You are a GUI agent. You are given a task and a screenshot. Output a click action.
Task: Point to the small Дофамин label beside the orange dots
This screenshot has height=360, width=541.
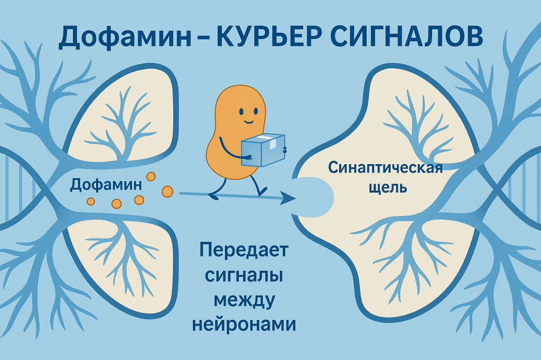[106, 184]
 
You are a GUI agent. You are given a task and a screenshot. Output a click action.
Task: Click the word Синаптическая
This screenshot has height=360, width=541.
[385, 168]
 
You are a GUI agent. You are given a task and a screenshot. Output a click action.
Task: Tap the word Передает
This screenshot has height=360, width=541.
[244, 250]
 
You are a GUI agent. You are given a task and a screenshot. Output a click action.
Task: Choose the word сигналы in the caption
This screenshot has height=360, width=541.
[244, 275]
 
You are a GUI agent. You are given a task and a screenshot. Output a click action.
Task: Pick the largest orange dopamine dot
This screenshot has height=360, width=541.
[167, 191]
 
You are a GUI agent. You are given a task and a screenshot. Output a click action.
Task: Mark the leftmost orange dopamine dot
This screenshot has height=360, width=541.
[90, 201]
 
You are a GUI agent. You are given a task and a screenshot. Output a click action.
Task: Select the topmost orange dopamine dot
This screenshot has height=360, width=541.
[151, 176]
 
